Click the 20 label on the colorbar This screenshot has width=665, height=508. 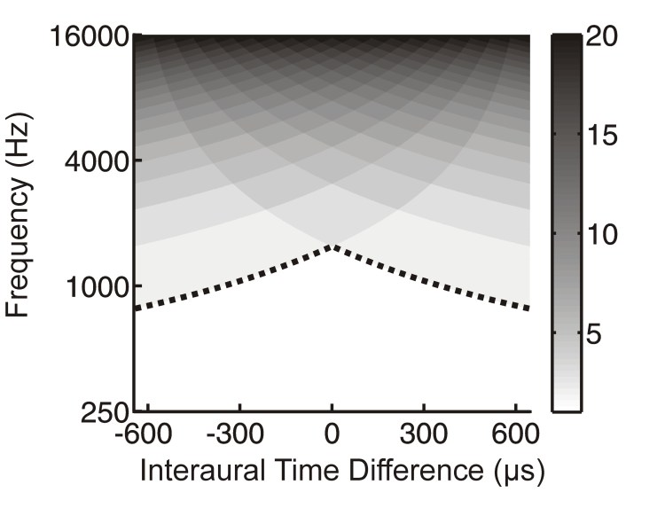click(606, 39)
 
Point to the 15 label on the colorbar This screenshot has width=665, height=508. click(606, 138)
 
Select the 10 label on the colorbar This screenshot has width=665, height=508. click(606, 238)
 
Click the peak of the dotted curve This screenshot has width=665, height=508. click(332, 246)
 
